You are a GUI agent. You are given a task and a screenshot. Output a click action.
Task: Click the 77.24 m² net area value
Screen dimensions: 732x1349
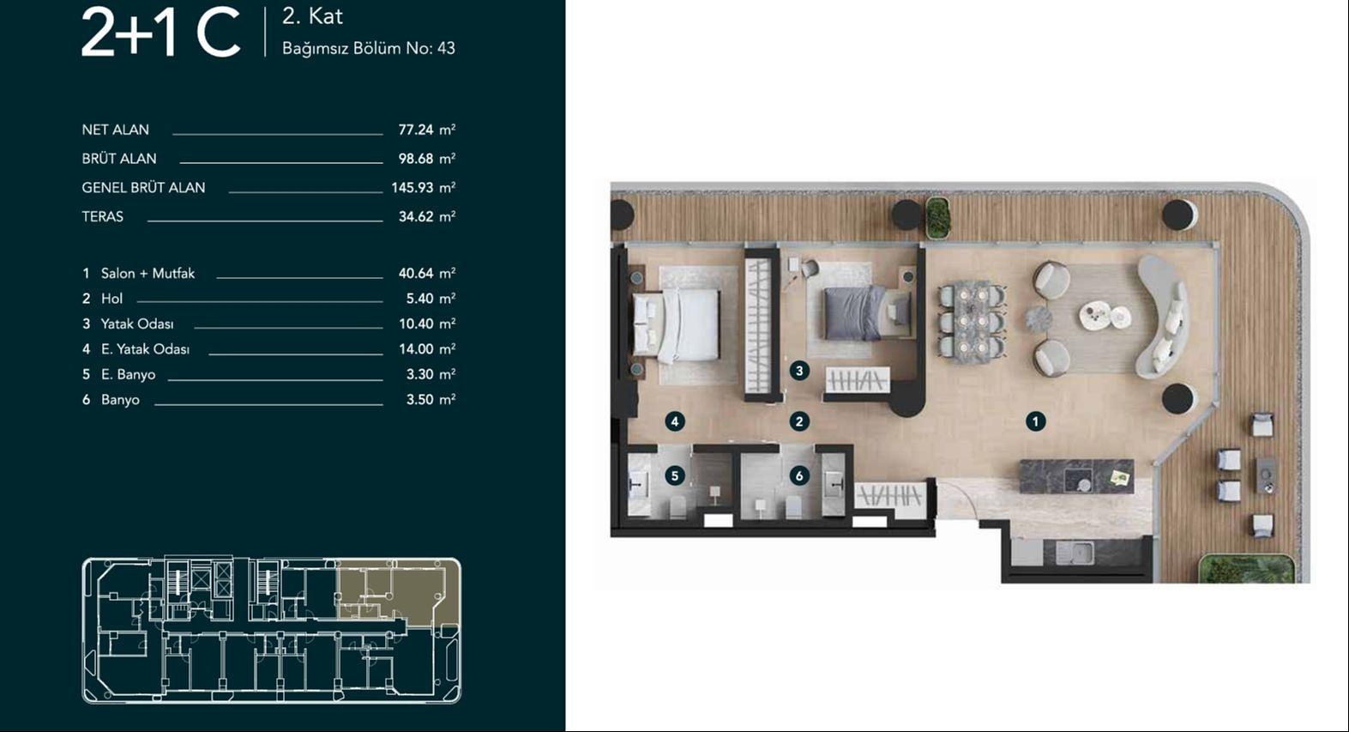coord(426,130)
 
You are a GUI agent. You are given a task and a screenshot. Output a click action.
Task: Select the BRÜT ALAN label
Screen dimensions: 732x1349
coord(119,159)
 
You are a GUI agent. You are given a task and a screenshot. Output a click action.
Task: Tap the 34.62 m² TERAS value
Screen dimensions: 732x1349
coord(426,216)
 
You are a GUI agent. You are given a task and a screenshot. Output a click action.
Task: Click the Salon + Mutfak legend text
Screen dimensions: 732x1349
coord(148,273)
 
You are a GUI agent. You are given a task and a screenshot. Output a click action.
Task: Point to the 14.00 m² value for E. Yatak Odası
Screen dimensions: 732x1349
coord(426,349)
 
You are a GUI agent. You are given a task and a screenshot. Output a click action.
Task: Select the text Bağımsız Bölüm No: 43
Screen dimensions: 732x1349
coord(368,49)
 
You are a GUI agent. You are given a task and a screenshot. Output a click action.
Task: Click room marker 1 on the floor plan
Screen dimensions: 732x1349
coord(1035,421)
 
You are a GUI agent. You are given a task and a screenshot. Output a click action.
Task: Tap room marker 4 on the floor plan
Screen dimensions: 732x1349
coord(675,421)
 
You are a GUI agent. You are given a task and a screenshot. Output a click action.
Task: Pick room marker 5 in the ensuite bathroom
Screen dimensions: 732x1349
coord(675,475)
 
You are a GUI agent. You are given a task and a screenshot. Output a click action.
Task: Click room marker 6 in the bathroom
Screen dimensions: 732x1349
coord(799,475)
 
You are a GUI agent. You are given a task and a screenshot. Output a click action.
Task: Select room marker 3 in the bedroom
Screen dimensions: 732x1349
coord(799,371)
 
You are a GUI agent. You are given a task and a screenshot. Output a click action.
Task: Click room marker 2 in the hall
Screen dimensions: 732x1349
coord(799,421)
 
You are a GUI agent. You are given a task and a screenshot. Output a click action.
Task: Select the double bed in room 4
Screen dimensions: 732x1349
coord(678,325)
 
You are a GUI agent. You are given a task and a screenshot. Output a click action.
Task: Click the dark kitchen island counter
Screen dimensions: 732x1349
coord(1076,477)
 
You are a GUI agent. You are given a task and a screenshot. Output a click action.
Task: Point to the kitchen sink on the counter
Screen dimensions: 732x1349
coord(1075,552)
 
